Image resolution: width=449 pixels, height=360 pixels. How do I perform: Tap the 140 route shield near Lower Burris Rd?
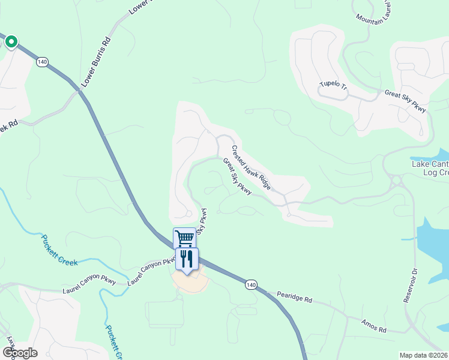coord(42,62)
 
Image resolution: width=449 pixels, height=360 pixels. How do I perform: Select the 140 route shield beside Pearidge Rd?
coord(251,284)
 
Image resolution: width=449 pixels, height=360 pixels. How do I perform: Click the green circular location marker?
coord(11,42)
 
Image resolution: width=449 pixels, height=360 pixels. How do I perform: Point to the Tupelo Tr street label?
coord(334,85)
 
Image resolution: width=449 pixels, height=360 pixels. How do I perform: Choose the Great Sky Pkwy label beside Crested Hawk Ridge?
coord(237,176)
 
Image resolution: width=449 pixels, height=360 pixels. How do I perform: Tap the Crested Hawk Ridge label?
coord(251,168)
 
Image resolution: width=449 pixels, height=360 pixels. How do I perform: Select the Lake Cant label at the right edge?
coord(430,164)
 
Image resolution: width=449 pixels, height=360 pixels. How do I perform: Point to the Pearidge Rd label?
coord(295,297)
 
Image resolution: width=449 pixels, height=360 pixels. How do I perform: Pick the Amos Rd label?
coord(374,326)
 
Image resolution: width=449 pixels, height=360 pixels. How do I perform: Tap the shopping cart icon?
coord(184,238)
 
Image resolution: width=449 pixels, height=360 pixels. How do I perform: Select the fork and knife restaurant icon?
coord(187,259)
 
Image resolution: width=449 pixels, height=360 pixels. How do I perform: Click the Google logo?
coord(20,352)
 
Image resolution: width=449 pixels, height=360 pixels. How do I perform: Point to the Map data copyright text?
coord(423,355)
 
